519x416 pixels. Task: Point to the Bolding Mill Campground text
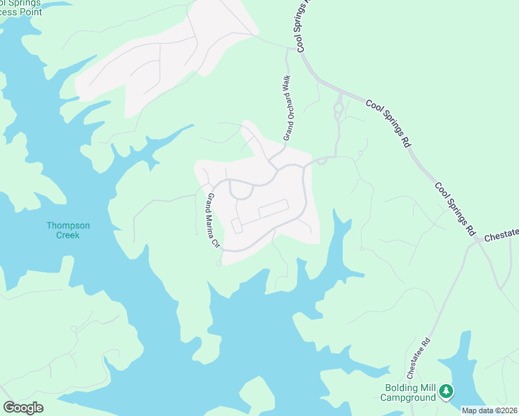(x=408, y=392)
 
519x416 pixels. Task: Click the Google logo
(x=23, y=408)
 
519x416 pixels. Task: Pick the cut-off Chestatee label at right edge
(x=501, y=236)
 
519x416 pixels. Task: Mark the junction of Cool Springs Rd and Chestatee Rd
(x=476, y=241)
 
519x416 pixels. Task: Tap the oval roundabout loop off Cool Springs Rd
(x=339, y=110)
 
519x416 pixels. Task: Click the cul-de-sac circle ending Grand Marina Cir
(x=219, y=263)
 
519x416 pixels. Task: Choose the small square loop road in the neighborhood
(x=237, y=226)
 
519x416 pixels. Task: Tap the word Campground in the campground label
(x=408, y=397)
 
